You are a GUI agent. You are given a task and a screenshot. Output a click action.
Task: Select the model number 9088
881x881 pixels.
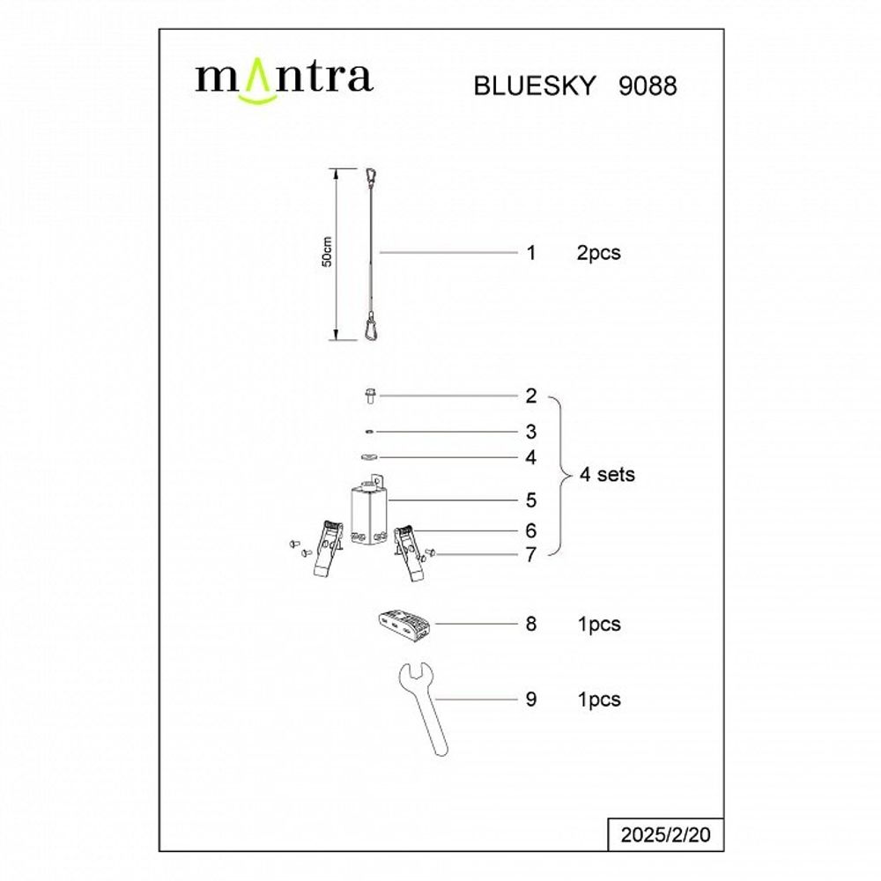(x=643, y=86)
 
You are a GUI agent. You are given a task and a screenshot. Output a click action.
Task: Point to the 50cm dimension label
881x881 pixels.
(x=327, y=253)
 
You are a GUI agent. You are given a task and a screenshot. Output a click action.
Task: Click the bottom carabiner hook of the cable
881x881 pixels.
(x=372, y=329)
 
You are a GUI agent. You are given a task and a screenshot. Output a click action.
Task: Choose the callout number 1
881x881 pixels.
(x=530, y=254)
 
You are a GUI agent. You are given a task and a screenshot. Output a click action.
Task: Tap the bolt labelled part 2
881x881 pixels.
(x=370, y=396)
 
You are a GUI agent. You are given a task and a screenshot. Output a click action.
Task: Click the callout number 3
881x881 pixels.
(x=530, y=432)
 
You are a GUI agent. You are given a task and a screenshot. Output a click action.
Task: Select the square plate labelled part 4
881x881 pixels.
(x=370, y=457)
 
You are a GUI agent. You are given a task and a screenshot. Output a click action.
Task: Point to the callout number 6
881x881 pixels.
(x=530, y=530)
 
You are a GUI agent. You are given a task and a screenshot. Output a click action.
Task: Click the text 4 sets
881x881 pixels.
(x=607, y=475)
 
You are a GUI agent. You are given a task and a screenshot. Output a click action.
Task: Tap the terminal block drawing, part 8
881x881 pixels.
(x=401, y=622)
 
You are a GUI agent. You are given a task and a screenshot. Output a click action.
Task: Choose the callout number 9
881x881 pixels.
(x=530, y=700)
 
